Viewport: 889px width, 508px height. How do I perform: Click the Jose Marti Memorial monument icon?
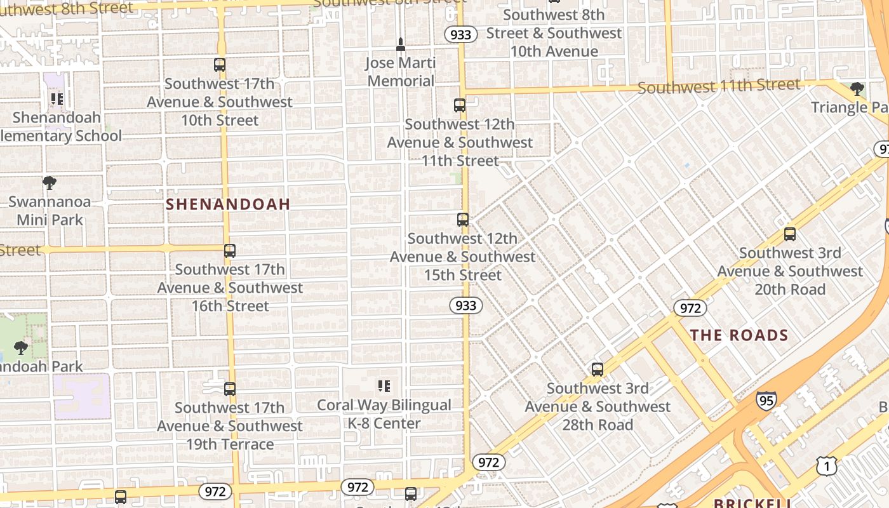(x=401, y=44)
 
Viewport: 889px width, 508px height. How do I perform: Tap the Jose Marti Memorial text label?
(x=401, y=72)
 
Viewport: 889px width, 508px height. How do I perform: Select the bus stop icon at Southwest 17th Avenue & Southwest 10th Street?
(x=220, y=65)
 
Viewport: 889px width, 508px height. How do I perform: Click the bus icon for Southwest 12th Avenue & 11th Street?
(x=460, y=105)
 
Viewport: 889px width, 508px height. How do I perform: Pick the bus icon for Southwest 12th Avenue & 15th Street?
(x=463, y=220)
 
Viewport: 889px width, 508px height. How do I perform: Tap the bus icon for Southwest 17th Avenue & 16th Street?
(x=230, y=251)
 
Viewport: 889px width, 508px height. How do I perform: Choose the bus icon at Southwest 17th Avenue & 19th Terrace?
(x=230, y=389)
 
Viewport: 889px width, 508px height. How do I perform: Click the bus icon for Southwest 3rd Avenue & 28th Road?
(x=598, y=370)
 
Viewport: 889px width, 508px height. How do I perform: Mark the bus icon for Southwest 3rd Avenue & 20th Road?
(x=790, y=234)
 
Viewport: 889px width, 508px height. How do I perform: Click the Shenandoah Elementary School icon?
(x=57, y=99)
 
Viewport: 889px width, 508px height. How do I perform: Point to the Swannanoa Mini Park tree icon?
(x=50, y=184)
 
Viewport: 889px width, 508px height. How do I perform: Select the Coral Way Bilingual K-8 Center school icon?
(x=384, y=386)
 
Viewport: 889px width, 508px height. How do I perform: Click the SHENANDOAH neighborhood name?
(x=228, y=204)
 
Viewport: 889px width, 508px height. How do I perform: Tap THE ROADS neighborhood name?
(x=739, y=335)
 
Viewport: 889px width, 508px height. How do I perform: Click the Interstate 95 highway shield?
(x=766, y=400)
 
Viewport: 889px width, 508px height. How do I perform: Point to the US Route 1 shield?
(x=827, y=467)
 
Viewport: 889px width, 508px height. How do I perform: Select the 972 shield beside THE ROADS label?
(x=690, y=308)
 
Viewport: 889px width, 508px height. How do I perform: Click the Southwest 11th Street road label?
(x=719, y=86)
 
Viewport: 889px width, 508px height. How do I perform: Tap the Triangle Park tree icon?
(x=857, y=89)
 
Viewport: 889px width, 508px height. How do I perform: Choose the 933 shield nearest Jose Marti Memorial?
(x=460, y=34)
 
